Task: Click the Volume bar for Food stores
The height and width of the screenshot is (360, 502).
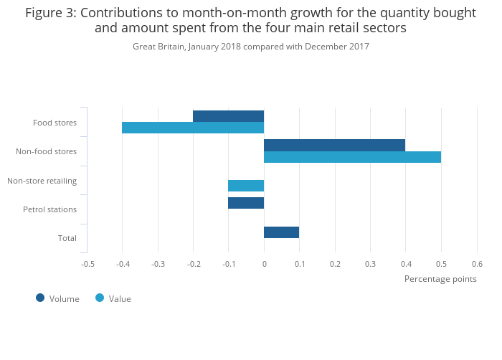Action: pos(228,116)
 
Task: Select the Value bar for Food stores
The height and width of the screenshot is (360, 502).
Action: pos(193,128)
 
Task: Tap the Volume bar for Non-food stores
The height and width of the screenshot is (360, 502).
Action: pos(334,145)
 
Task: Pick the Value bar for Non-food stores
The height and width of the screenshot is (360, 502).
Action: pos(352,157)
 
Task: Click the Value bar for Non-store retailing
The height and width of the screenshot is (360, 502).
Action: pos(246,186)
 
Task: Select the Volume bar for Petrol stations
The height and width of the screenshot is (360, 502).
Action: pos(246,203)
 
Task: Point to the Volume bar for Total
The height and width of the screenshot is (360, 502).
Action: pos(281,232)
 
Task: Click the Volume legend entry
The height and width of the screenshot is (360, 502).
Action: pos(57,298)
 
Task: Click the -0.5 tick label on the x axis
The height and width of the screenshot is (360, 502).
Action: pos(87,264)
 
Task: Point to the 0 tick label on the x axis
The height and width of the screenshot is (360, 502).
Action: pos(264,264)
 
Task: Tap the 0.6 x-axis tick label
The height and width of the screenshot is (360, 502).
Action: pos(476,264)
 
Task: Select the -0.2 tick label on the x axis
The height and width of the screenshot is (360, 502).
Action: pos(193,264)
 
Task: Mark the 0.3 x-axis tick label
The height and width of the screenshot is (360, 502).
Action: pos(370,264)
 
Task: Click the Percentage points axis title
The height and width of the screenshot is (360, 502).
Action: pos(440,279)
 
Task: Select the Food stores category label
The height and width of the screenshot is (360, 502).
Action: pos(55,123)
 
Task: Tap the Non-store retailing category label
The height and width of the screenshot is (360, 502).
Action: pos(42,181)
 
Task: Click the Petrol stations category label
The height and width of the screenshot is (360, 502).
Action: pos(49,209)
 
